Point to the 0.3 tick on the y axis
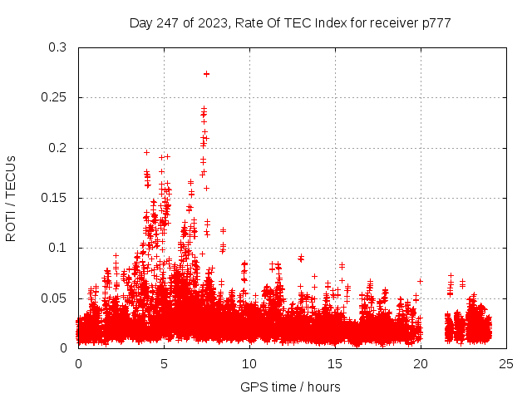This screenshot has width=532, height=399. [x=57, y=48]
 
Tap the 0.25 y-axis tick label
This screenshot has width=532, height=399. [x=54, y=98]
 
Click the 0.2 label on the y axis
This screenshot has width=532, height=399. [x=57, y=148]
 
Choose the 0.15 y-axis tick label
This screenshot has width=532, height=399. [x=54, y=198]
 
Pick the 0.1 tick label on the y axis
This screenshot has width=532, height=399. [x=57, y=248]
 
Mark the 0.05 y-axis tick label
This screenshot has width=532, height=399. [x=54, y=298]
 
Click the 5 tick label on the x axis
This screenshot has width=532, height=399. [x=165, y=363]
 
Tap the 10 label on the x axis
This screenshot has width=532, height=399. [x=250, y=363]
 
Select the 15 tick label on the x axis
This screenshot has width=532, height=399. [x=336, y=363]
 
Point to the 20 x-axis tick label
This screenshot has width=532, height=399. [x=421, y=363]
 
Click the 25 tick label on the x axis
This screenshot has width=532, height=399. [x=507, y=363]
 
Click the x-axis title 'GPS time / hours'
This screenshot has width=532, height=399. [x=290, y=387]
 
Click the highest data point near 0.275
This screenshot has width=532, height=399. [x=206, y=74]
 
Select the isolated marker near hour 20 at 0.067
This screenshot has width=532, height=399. [x=420, y=281]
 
